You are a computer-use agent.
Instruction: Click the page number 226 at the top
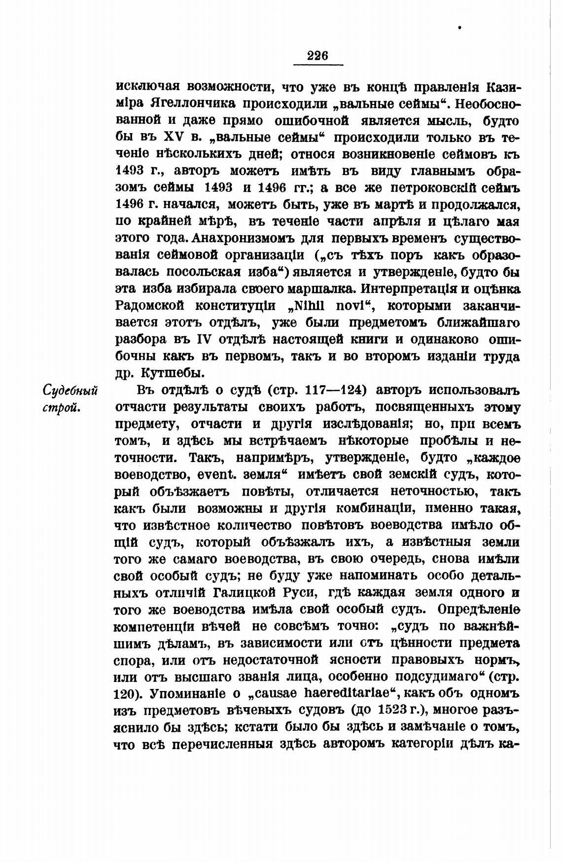tap(317, 56)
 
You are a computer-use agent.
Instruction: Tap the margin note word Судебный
tap(70, 391)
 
